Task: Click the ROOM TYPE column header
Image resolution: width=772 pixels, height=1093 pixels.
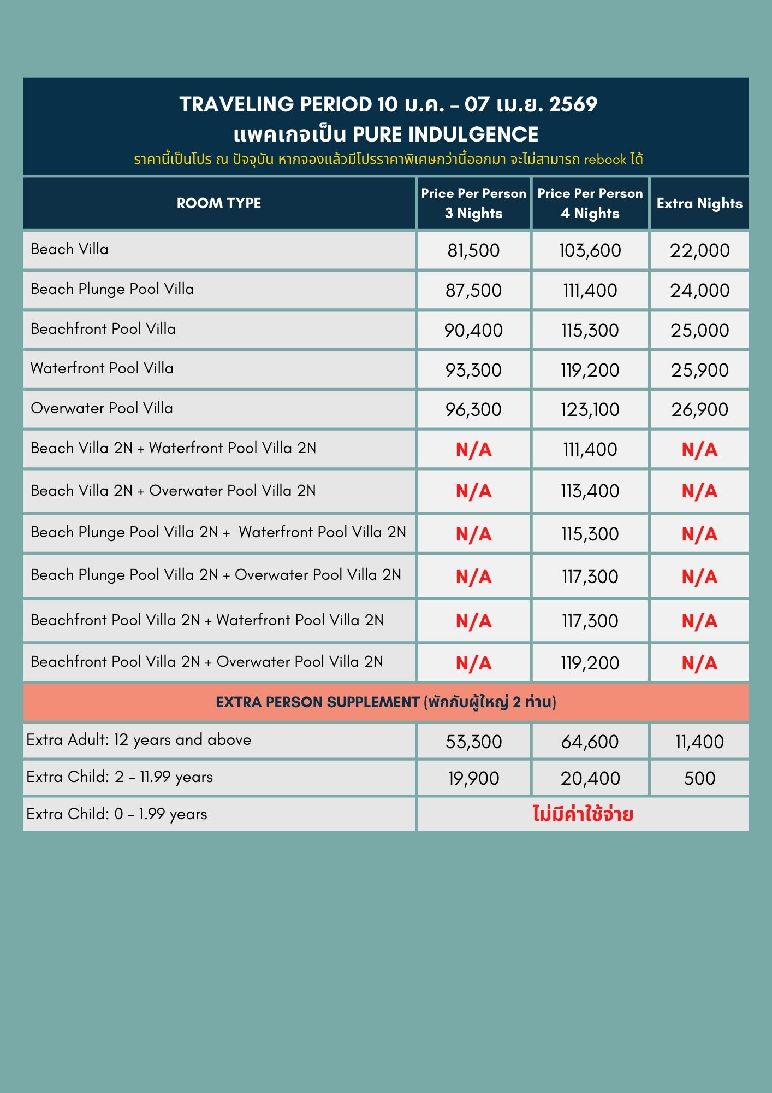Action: click(x=219, y=203)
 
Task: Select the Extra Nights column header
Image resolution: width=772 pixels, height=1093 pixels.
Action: click(x=699, y=203)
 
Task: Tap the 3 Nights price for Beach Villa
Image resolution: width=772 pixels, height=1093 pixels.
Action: click(x=473, y=250)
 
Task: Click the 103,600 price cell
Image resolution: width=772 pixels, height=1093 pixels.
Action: click(x=590, y=250)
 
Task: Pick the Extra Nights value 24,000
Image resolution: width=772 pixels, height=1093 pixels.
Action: click(x=699, y=290)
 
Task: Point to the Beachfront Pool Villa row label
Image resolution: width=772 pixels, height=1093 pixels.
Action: click(x=103, y=329)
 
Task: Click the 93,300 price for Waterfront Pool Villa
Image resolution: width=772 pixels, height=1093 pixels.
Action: click(x=473, y=370)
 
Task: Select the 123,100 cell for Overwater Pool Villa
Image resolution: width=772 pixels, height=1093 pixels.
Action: click(x=590, y=409)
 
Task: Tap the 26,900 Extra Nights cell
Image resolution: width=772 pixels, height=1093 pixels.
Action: click(x=699, y=409)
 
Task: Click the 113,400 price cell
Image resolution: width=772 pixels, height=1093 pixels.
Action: click(x=590, y=491)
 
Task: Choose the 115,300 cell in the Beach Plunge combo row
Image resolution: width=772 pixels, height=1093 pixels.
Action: click(x=590, y=534)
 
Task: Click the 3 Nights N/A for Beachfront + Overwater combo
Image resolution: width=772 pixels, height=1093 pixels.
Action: click(x=473, y=663)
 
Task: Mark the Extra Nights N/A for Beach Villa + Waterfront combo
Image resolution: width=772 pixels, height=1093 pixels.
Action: click(x=699, y=449)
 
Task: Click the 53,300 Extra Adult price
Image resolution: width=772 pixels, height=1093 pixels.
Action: click(x=473, y=742)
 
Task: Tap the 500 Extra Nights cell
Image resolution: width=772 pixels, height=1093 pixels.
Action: click(x=699, y=778)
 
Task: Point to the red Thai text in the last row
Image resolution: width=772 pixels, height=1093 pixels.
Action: click(x=583, y=814)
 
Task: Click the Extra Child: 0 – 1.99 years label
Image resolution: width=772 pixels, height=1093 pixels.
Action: click(x=117, y=814)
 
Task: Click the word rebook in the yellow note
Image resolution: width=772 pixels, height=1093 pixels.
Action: click(x=605, y=160)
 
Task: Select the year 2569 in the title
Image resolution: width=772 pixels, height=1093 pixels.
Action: click(x=573, y=104)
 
